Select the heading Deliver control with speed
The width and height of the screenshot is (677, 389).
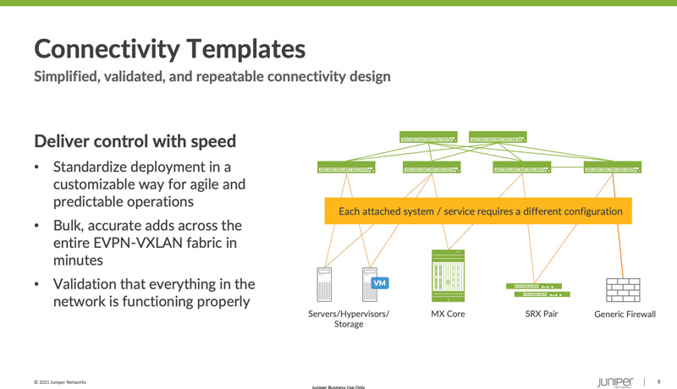coord(135,140)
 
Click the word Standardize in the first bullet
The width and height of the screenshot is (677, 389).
coord(100,167)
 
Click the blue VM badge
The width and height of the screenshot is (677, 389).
coord(380,283)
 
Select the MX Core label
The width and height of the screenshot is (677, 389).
coord(448,315)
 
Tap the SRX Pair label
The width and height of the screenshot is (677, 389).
coord(541,315)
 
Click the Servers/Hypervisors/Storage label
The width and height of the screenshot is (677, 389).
coord(349,319)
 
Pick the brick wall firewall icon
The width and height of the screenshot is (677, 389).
coord(623,289)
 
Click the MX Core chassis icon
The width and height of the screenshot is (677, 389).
coord(449,275)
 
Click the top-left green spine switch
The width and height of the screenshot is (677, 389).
coord(428,138)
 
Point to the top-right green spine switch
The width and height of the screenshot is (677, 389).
coord(498,138)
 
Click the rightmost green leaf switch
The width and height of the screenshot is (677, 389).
coord(613,168)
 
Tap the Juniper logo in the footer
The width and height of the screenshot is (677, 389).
coord(614,381)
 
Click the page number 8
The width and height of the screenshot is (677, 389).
coord(659,381)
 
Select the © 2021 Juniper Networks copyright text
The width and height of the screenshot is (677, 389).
coord(60,382)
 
